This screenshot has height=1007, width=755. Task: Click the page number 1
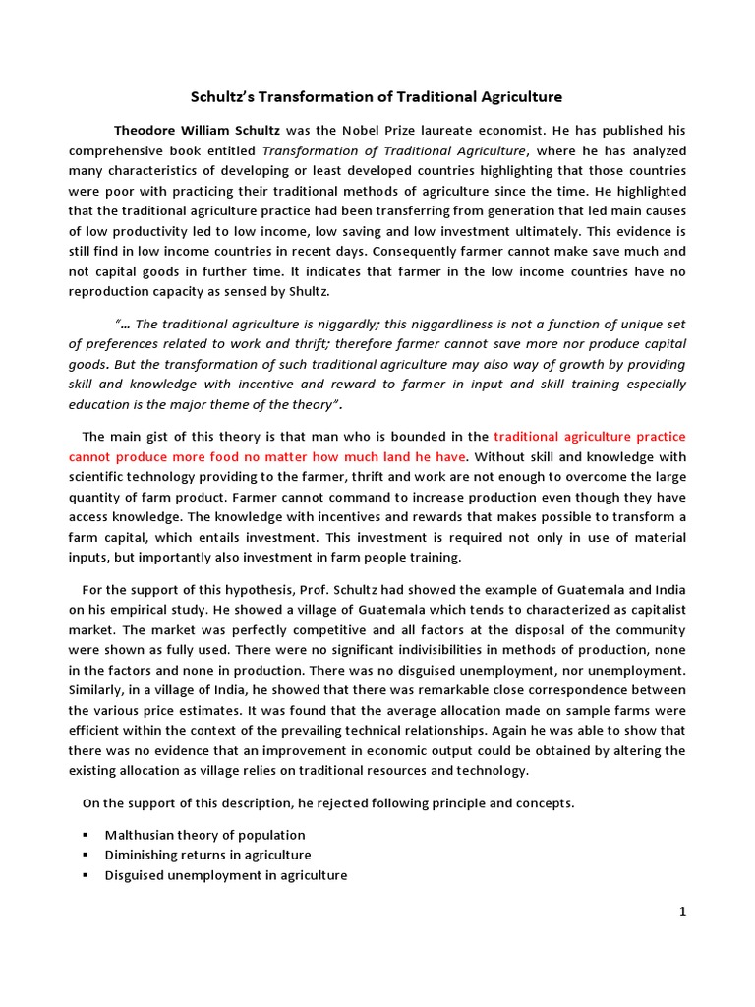pos(682,911)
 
